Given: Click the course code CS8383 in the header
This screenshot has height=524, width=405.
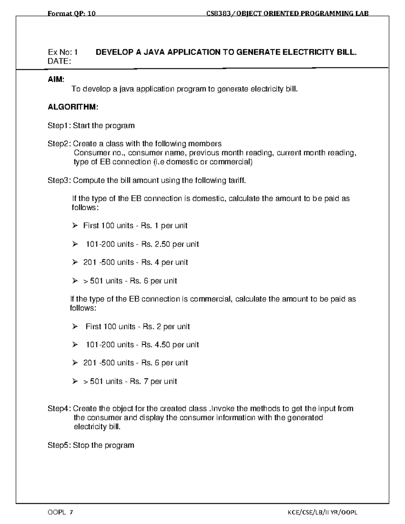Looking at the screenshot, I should click(x=218, y=13).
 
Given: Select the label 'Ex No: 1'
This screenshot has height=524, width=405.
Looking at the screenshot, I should click(x=63, y=52).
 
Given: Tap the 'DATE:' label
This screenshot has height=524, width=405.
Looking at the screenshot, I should click(x=59, y=61).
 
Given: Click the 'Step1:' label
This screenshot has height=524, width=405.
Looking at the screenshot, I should click(x=59, y=126).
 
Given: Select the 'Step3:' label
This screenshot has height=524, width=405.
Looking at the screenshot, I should click(x=59, y=181).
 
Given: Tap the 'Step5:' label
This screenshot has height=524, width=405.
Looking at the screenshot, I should click(x=59, y=445).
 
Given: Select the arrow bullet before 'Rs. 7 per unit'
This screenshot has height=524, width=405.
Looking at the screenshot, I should click(x=75, y=381).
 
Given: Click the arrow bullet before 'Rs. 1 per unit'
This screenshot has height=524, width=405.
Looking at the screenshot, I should click(x=75, y=225).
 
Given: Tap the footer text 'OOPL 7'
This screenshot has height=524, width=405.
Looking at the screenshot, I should click(x=60, y=513).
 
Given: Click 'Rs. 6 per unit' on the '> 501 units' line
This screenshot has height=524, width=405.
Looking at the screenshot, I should click(x=153, y=281).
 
